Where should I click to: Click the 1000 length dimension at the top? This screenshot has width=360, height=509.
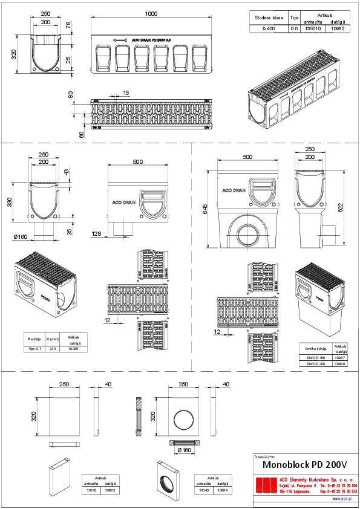click(151, 14)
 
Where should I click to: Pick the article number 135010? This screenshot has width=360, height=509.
click(313, 28)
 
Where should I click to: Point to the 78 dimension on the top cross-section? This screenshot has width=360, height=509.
click(68, 25)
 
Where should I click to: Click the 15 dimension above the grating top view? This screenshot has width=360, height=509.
click(126, 93)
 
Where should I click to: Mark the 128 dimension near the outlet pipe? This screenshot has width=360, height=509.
click(96, 233)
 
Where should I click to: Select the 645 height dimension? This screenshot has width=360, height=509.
click(205, 210)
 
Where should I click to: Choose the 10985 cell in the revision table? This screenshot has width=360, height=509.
click(74, 349)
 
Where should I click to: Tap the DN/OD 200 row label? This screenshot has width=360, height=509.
click(312, 365)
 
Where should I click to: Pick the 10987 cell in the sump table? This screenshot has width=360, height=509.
click(340, 358)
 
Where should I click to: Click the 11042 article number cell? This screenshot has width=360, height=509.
click(92, 490)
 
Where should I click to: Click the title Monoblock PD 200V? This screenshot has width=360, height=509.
click(305, 465)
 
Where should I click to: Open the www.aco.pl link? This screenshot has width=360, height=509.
click(342, 499)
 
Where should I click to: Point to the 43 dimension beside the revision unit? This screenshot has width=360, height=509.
click(67, 172)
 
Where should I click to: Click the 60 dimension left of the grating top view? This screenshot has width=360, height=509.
click(82, 134)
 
